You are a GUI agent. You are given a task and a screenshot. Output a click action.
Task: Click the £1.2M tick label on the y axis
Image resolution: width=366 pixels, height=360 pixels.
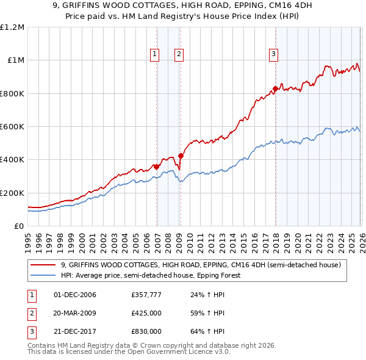point(12,27)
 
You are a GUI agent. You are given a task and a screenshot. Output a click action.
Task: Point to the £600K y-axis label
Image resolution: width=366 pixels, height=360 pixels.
point(12,127)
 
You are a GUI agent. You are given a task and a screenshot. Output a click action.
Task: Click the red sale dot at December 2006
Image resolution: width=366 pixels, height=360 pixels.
point(156,167)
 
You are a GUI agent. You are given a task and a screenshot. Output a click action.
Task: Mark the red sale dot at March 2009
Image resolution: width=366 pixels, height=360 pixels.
point(181,156)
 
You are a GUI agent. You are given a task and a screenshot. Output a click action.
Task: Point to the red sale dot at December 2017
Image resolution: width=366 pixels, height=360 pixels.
point(275,88)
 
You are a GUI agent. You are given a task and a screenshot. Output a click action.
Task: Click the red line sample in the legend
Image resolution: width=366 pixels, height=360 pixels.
point(45,265)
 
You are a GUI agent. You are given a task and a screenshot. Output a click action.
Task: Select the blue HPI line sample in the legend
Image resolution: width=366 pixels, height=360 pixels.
point(45,275)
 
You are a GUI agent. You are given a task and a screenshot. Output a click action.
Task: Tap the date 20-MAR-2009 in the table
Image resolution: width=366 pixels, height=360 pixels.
point(75,313)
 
